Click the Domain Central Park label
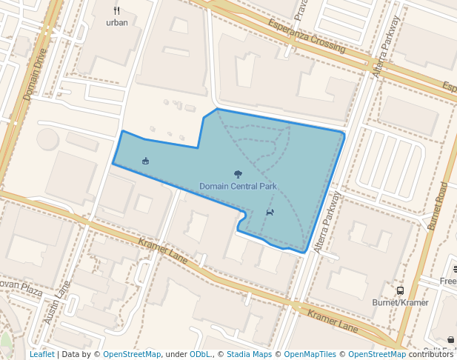coord(238,186)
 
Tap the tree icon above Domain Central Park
coord(238,174)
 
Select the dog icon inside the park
coord(270,213)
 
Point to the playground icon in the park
coord(145,160)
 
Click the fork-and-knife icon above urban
coord(117,10)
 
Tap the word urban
coord(117,22)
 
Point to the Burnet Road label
coord(438,205)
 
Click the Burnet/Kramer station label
coord(400,302)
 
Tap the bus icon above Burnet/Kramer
coord(400,291)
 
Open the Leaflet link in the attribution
coord(42,354)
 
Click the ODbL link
coord(200,354)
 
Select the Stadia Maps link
coord(248,354)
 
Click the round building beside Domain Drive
coord(48,139)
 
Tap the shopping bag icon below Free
coord(451,340)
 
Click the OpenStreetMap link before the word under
coord(132,354)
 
